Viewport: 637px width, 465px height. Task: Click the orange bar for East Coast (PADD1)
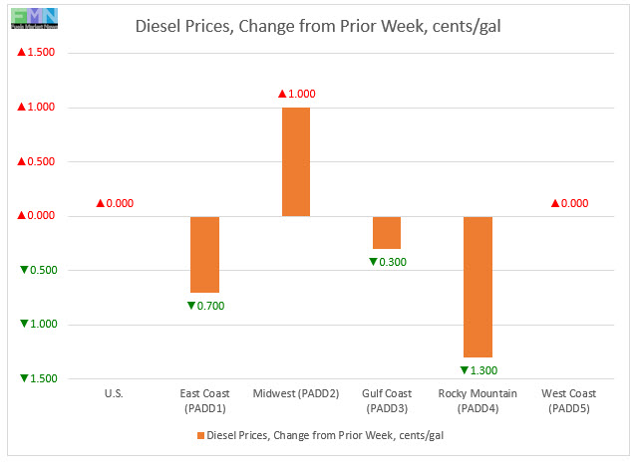coord(205,254)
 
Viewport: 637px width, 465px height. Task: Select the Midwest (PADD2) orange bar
coord(296,161)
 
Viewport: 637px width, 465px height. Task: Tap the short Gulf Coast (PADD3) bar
coord(387,232)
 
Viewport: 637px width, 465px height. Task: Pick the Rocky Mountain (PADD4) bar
coord(478,287)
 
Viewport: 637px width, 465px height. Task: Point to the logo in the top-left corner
coord(30,17)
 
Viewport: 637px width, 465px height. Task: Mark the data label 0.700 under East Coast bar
coord(205,306)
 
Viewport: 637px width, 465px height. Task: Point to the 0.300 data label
coord(387,262)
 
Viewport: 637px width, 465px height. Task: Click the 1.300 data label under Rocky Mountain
coord(478,370)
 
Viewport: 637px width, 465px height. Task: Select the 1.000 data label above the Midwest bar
coord(296,94)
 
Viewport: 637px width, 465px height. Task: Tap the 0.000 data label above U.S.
coord(114,203)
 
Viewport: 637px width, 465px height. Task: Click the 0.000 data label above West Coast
coord(568,203)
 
